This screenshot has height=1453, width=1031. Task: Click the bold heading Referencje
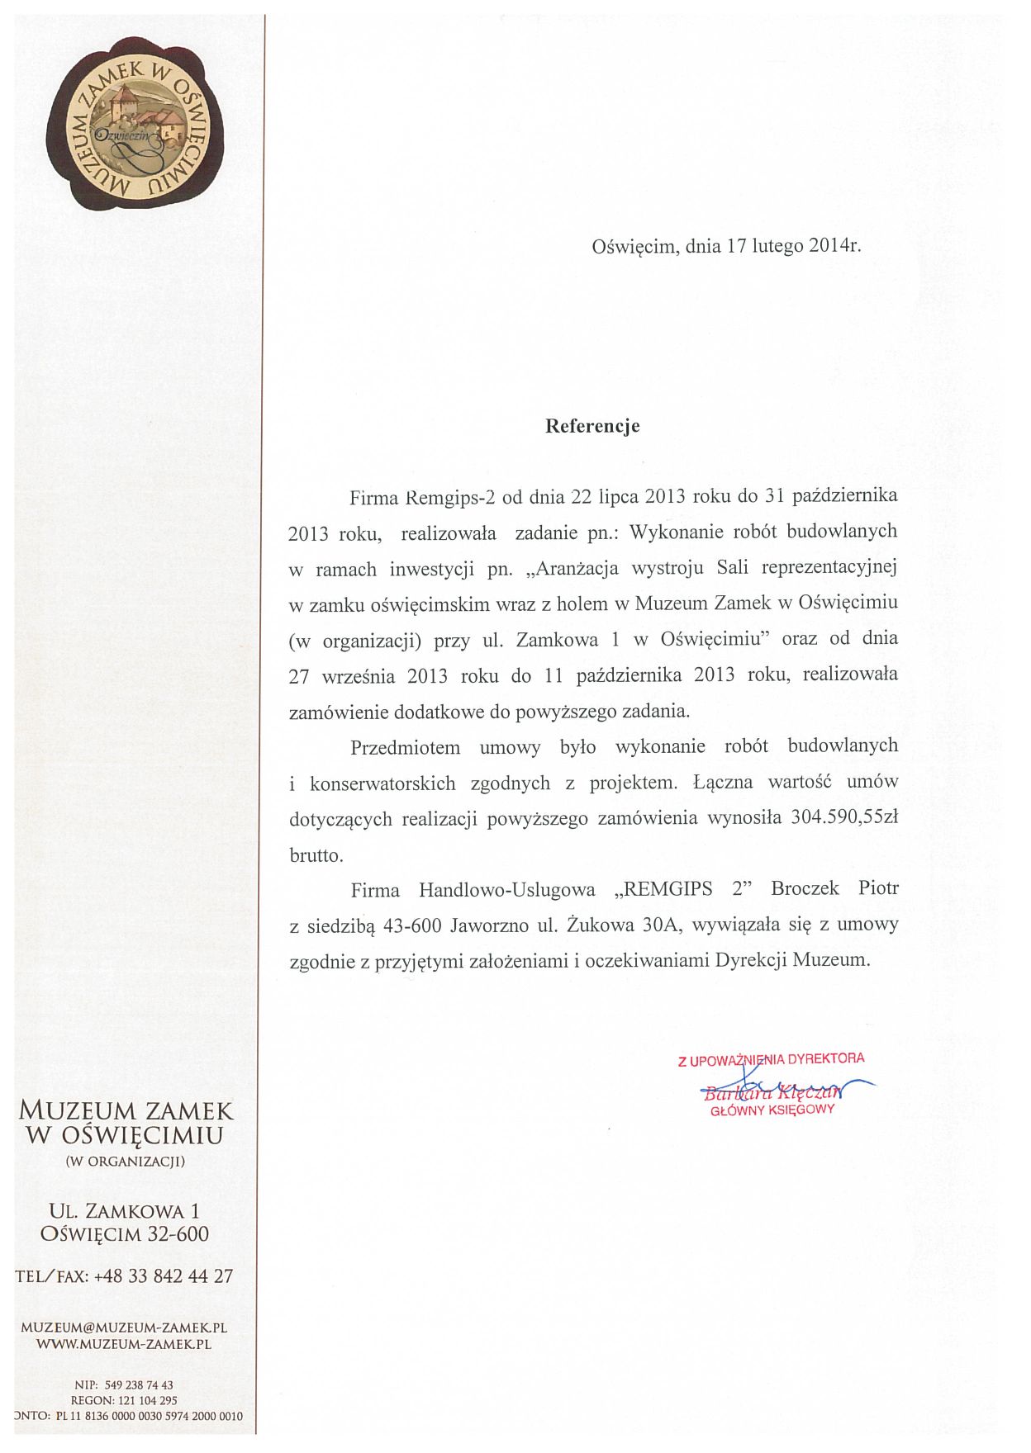point(592,426)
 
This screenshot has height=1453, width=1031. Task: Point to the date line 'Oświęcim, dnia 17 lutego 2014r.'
point(726,245)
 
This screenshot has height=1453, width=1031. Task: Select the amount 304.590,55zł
point(843,818)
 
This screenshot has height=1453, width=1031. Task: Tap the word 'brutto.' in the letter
point(316,855)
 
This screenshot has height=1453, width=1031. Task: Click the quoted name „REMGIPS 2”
point(681,889)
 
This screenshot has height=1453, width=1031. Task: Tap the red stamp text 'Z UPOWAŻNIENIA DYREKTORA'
point(771,1059)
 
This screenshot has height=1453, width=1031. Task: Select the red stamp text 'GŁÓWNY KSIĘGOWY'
point(772,1110)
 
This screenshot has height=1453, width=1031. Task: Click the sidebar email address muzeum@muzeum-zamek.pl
point(124,1328)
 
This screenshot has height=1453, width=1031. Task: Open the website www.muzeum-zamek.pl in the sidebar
point(124,1343)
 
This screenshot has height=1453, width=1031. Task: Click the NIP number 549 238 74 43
point(139,1384)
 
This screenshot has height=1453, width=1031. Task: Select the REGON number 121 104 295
point(140,1400)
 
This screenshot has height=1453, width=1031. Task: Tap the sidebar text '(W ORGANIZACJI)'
point(125,1161)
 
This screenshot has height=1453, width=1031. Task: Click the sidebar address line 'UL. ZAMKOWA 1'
point(125,1211)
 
